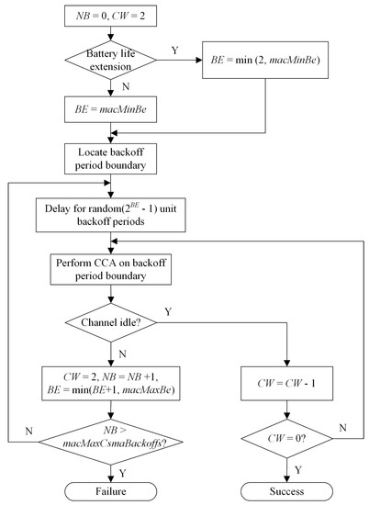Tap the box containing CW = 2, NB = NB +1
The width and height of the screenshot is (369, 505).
[x=110, y=380]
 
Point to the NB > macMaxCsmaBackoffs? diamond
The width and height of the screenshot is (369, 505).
[x=110, y=434]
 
